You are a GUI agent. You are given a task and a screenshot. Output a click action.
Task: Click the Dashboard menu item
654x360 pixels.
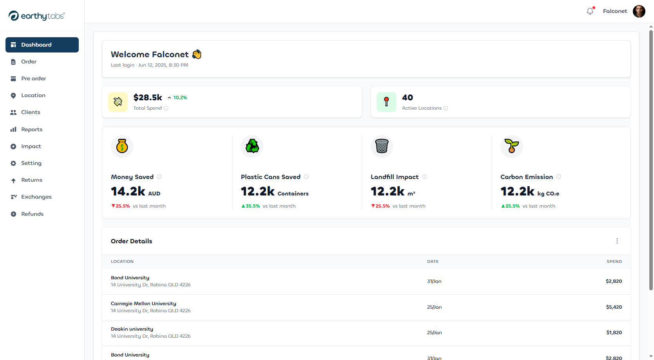[x=42, y=45]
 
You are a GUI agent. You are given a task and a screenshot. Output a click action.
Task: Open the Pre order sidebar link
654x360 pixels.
[x=33, y=78]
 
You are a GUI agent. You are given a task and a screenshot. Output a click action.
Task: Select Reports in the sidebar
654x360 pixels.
[x=31, y=129]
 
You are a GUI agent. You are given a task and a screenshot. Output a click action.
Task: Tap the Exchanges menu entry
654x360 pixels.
[x=36, y=197]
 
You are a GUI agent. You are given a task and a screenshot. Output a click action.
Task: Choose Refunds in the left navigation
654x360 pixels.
[x=32, y=214]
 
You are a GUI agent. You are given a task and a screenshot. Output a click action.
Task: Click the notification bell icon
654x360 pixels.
[x=590, y=11]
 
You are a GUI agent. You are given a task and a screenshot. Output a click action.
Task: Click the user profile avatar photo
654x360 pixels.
[x=639, y=11]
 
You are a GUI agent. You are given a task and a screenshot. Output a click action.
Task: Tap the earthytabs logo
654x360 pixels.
[x=36, y=16]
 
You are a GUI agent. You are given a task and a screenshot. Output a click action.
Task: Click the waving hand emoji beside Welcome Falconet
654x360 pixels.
[x=197, y=54]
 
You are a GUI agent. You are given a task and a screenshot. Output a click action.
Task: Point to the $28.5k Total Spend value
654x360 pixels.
[x=148, y=97]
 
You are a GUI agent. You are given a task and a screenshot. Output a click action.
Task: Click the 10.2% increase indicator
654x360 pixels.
[x=178, y=98]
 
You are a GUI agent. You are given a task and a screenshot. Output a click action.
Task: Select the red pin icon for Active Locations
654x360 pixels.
[x=386, y=102]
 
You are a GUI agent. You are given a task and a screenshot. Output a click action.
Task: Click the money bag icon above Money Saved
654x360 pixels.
[x=122, y=147]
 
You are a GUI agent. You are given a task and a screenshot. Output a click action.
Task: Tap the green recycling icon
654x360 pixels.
[x=252, y=147]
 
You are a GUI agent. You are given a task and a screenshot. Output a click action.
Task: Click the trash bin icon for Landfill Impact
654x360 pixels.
[x=382, y=147]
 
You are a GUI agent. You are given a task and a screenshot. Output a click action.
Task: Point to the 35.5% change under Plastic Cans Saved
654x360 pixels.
[x=251, y=206]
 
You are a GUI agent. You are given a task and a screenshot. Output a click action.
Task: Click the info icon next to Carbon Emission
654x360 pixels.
[x=559, y=177]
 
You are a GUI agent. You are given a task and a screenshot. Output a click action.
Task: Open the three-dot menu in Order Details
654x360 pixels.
[x=617, y=241]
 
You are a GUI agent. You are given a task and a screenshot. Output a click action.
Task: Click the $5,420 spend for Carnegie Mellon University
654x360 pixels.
[x=614, y=307]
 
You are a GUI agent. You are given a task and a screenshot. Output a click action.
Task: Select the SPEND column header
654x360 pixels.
[x=614, y=261]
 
